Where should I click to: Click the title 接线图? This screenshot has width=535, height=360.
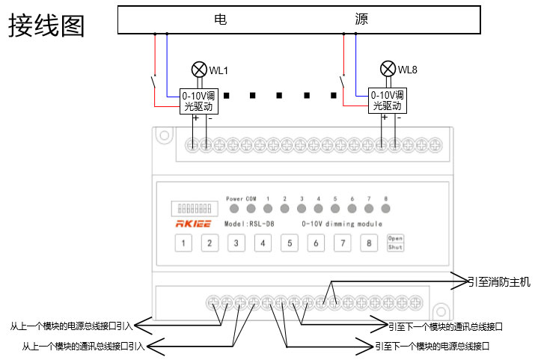[46, 25]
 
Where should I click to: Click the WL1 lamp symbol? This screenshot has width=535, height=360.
[199, 70]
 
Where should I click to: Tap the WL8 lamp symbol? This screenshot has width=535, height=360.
[388, 69]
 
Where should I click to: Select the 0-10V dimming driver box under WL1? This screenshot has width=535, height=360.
[200, 101]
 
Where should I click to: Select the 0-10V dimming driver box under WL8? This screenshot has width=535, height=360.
[388, 101]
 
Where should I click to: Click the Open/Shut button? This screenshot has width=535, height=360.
[395, 242]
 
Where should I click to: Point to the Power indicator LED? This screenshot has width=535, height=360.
[234, 209]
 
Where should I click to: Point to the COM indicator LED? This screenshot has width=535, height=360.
[251, 209]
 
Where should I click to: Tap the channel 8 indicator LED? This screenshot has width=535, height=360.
[386, 209]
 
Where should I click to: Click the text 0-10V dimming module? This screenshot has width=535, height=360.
[341, 224]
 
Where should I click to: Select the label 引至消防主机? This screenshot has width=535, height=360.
[499, 282]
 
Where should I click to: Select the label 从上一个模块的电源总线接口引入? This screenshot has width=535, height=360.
[71, 326]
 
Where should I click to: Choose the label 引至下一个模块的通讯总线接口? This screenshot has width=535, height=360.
[445, 326]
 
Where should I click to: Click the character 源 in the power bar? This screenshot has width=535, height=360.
[361, 19]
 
